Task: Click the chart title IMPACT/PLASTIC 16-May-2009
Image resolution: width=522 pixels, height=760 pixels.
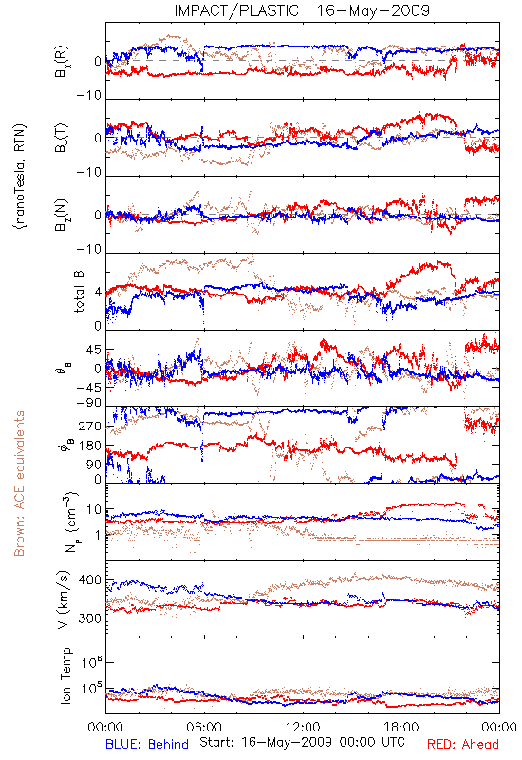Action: [x=302, y=10]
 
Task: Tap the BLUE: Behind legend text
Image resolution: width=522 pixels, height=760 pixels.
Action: [x=147, y=744]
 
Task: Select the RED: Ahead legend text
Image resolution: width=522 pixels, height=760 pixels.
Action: [x=462, y=744]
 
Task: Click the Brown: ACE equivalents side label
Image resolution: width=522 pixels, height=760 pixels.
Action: [x=19, y=484]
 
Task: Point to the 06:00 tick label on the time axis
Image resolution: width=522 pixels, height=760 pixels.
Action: [x=204, y=727]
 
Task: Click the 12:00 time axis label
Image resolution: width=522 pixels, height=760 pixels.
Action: [x=303, y=727]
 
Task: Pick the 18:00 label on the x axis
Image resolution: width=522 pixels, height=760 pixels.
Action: [x=401, y=727]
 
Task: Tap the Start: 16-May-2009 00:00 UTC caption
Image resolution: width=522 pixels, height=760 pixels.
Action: [x=302, y=742]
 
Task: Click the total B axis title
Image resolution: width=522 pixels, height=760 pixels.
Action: [x=79, y=291]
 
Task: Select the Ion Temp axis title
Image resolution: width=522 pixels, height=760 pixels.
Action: [x=65, y=675]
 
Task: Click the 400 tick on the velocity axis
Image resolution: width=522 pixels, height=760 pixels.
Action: [x=90, y=579]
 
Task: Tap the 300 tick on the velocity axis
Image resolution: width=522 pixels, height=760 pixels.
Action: [x=90, y=618]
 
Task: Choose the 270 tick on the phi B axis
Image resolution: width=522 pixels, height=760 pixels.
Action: [x=90, y=426]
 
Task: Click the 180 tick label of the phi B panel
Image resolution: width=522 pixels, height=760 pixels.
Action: [x=90, y=446]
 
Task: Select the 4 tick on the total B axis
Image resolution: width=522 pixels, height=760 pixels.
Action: [x=98, y=293]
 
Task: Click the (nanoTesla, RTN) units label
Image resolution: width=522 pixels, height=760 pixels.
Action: [x=20, y=177]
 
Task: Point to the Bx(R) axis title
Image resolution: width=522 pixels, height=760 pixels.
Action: [x=62, y=62]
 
